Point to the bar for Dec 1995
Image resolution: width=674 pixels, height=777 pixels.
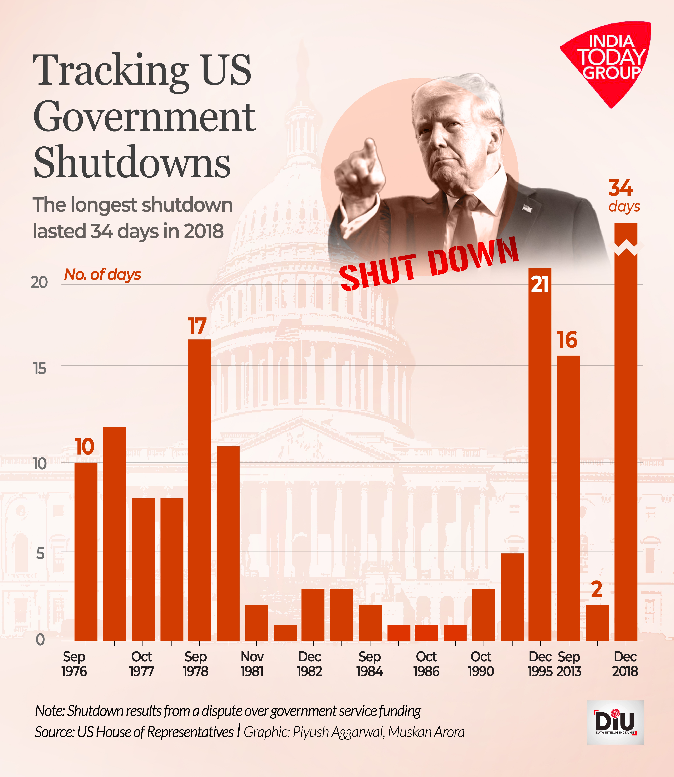pos(540,452)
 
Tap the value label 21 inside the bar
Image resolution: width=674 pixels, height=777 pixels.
pos(540,285)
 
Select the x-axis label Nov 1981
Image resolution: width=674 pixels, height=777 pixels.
pos(252,664)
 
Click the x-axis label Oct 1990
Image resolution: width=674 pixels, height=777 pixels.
pos(481,664)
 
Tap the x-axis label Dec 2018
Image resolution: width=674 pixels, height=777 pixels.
pos(625,664)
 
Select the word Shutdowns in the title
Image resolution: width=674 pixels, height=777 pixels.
pos(132,163)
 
